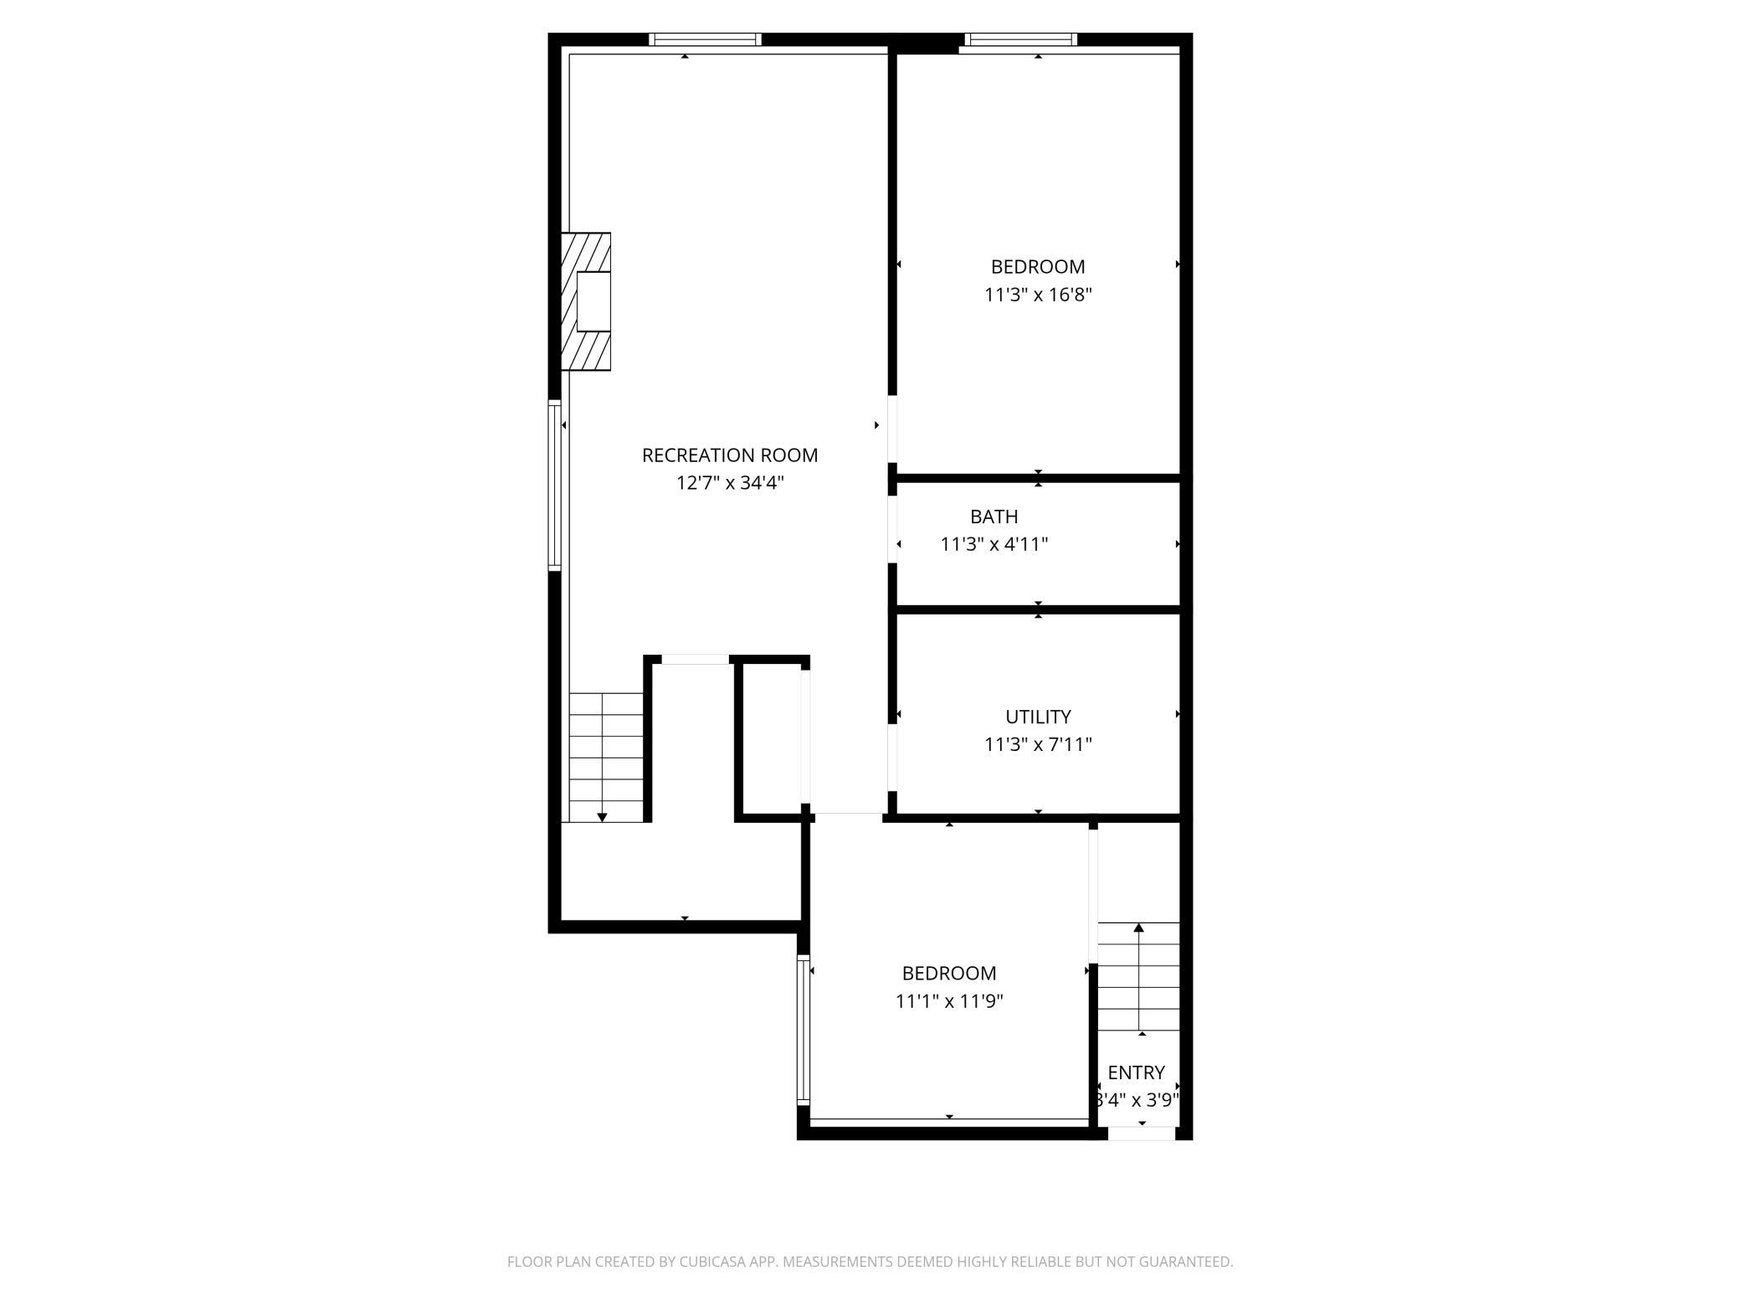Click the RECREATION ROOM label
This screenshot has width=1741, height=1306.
click(729, 455)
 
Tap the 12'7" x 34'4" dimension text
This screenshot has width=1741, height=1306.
click(730, 483)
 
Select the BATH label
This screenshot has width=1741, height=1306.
click(994, 517)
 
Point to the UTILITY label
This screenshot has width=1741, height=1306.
click(1038, 717)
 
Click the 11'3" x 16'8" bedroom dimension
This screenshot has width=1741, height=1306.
click(1038, 295)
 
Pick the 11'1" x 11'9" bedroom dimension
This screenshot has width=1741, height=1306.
click(949, 1001)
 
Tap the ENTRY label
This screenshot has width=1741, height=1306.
click(1136, 1072)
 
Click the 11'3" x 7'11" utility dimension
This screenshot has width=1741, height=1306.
click(1038, 744)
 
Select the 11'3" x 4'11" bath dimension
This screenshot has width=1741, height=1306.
click(994, 544)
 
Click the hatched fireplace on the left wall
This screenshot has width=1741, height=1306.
click(586, 301)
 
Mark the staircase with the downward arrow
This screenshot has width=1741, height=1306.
click(606, 757)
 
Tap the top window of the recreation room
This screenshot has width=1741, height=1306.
click(705, 39)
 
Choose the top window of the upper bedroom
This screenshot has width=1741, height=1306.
click(1020, 39)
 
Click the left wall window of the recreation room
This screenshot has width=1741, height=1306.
click(554, 486)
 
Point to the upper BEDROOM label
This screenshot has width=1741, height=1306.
click(1038, 267)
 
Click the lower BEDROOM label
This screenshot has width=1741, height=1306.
click(949, 974)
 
